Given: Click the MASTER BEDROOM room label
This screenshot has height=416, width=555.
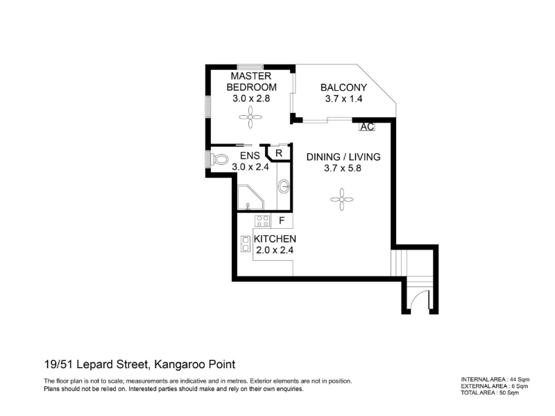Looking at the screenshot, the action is [x=251, y=81].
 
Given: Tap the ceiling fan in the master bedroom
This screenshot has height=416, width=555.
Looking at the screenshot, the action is [x=250, y=117].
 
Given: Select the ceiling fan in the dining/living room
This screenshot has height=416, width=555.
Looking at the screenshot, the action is [x=341, y=200].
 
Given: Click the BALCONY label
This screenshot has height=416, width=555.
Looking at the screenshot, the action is [x=343, y=87].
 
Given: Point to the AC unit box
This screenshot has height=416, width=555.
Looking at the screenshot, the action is [x=367, y=127].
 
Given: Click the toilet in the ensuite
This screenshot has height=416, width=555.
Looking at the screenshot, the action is [x=219, y=159].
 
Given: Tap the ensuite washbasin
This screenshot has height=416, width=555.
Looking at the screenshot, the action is [x=284, y=186].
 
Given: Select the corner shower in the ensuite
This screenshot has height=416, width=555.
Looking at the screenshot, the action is [x=250, y=198].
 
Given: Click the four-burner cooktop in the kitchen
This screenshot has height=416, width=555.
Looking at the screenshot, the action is [x=262, y=220].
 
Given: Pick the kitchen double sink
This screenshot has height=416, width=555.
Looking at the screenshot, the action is [x=245, y=244].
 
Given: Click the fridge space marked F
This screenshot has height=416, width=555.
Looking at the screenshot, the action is [x=282, y=220].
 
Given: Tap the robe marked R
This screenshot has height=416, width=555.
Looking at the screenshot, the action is [x=280, y=153].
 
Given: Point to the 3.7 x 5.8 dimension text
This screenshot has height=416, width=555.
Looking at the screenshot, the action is [x=343, y=168].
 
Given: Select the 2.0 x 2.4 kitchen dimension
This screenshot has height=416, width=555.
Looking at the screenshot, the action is [x=275, y=250].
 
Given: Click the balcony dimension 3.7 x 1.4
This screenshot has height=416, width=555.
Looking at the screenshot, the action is [x=343, y=98].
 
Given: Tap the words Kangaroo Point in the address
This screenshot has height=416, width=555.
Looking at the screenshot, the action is [x=195, y=364].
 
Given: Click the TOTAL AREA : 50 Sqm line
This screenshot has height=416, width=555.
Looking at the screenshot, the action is [x=490, y=392].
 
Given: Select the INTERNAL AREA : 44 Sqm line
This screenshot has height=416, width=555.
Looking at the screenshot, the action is [x=495, y=379].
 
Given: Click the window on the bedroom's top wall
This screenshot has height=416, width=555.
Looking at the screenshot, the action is [x=250, y=67].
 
